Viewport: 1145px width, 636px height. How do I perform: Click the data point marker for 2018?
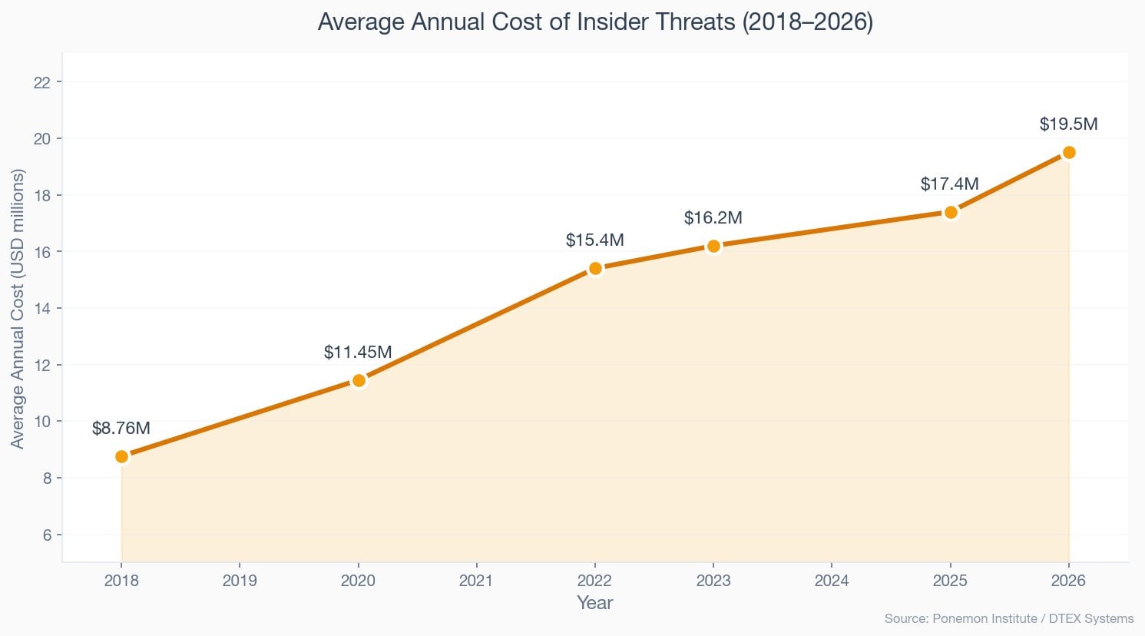[x=121, y=456]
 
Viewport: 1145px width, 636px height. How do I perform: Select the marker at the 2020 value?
[x=358, y=380]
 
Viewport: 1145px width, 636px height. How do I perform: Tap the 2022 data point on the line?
[x=595, y=268]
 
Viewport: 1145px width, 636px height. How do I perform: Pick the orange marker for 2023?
[x=713, y=246]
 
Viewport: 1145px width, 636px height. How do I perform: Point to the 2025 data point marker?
[x=951, y=212]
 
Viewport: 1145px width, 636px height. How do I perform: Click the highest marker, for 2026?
[x=1069, y=152]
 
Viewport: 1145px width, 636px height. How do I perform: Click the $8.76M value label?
[x=121, y=429]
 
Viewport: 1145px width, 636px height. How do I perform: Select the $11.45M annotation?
[x=358, y=353]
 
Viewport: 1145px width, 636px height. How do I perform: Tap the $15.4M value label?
[x=595, y=240]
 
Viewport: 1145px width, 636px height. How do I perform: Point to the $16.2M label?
[x=713, y=218]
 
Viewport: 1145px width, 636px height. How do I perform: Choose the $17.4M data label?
[x=950, y=184]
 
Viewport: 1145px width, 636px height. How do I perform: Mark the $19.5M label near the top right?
[x=1068, y=124]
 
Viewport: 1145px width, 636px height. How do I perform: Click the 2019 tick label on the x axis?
[x=240, y=581]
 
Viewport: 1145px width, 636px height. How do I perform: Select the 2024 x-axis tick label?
[x=832, y=581]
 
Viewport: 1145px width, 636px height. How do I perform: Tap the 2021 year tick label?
[x=476, y=581]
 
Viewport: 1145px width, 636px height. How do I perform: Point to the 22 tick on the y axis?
[x=43, y=82]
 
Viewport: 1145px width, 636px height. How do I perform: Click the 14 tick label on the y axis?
[x=43, y=308]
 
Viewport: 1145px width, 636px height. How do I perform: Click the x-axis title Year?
[x=594, y=603]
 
